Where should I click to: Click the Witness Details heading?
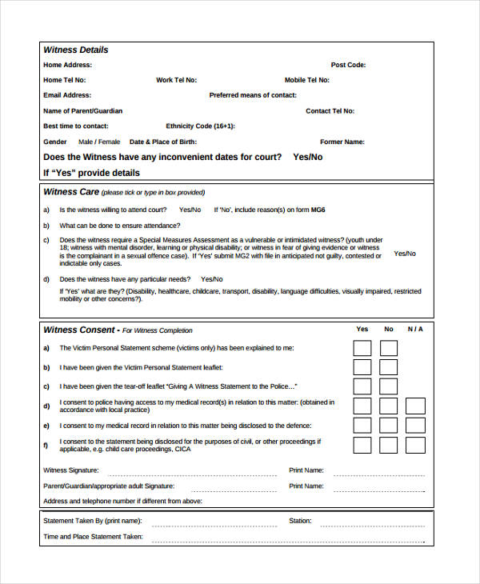[x=75, y=50]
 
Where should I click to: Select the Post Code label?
[x=348, y=65]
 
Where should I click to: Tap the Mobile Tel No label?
[x=306, y=80]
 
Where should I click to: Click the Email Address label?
[x=66, y=95]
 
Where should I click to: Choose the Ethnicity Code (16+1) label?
[x=200, y=126]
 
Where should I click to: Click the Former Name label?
[x=342, y=142]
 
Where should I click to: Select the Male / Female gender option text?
[x=99, y=142]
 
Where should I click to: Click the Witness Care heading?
[x=71, y=192]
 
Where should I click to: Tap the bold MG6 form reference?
[x=318, y=210]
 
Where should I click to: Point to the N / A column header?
[x=414, y=329]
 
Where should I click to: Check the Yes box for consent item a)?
[x=362, y=348]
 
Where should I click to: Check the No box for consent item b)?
[x=389, y=367]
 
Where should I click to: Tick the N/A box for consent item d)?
[x=415, y=406]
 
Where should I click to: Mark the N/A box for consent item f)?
[x=415, y=445]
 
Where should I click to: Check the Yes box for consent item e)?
[x=362, y=426]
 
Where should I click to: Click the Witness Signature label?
[x=71, y=470]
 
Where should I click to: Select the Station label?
[x=300, y=521]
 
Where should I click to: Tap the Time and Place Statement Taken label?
[x=93, y=537]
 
